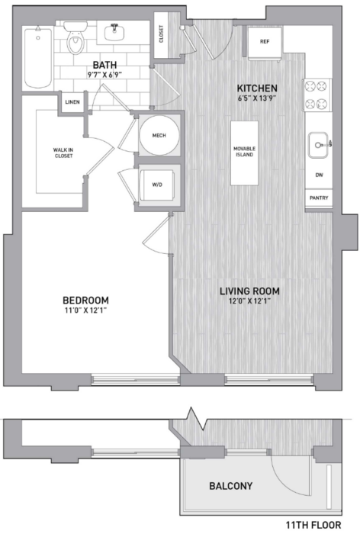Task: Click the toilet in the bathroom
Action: [x=76, y=38]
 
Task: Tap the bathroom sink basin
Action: [x=114, y=32]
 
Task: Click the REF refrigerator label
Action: [x=265, y=41]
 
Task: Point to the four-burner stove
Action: [x=317, y=95]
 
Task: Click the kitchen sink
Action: [x=319, y=145]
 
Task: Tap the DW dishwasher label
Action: [x=319, y=175]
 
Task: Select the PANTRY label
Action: [x=319, y=198]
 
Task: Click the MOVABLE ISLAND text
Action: [x=245, y=152]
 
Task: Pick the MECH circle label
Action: [x=159, y=135]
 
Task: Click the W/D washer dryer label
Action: [x=157, y=185]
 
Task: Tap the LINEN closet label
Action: [x=72, y=101]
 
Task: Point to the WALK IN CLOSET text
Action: [x=63, y=153]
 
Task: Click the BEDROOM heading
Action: [x=86, y=301]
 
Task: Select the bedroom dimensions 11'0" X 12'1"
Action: [x=85, y=310]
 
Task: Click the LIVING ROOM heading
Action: [x=249, y=291]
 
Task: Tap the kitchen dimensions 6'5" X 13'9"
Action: [x=257, y=98]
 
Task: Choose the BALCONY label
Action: [x=231, y=486]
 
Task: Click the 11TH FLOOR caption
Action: [x=313, y=525]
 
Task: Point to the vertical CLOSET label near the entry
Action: [x=161, y=34]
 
